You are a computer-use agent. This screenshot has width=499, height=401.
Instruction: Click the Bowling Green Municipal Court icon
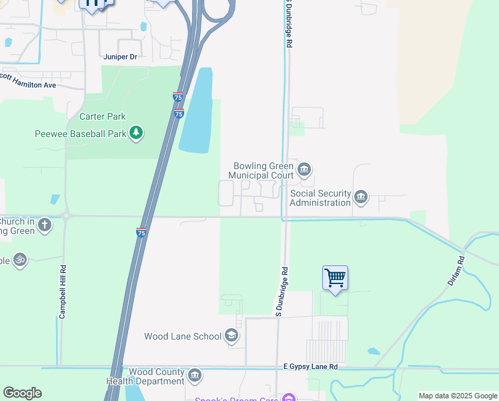(304, 170)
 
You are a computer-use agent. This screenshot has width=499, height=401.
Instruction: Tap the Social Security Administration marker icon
(361, 197)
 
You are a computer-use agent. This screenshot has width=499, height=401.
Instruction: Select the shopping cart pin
(335, 277)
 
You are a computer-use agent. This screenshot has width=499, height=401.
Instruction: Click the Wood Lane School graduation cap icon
(231, 336)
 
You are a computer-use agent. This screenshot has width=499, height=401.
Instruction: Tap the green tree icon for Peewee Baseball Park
(136, 133)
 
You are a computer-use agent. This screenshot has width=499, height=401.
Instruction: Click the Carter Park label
(103, 116)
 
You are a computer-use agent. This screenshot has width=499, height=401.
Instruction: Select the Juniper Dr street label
(120, 57)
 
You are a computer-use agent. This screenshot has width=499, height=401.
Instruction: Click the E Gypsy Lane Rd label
(310, 367)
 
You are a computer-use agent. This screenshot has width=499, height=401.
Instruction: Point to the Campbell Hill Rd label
(61, 293)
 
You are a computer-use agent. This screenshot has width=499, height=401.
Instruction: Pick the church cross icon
(45, 225)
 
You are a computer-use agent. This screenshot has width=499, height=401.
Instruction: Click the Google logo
(22, 393)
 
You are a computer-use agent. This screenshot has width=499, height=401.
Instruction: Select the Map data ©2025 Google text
(458, 396)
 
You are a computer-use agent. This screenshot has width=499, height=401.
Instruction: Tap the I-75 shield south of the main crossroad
(141, 233)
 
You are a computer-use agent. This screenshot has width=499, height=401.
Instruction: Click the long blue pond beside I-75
(197, 110)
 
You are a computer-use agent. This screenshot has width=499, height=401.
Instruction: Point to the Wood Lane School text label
(182, 336)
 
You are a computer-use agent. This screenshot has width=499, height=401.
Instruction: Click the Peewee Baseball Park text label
(80, 134)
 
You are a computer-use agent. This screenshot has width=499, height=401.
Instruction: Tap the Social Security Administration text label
(320, 198)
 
